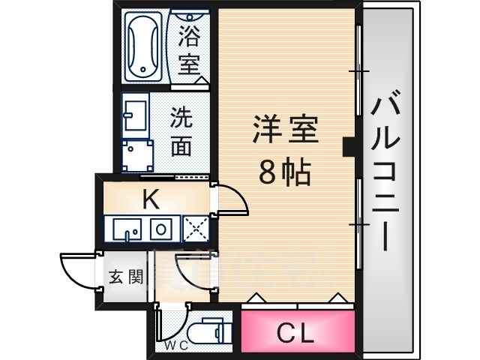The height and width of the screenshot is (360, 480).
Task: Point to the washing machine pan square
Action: (x=137, y=156)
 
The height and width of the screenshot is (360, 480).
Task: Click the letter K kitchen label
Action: (x=151, y=199)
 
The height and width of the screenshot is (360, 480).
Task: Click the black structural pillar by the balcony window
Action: (x=349, y=146)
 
